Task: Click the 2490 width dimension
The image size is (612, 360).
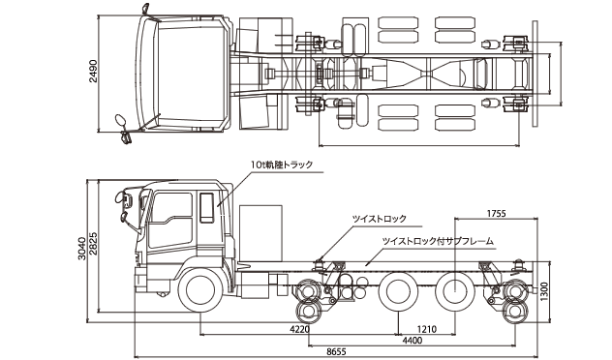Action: [x=93, y=71]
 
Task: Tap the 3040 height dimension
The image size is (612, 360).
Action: [x=81, y=249]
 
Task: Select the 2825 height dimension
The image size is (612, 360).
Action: [x=93, y=244]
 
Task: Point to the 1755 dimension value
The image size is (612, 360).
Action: [x=496, y=213]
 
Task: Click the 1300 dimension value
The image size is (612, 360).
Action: [x=544, y=291]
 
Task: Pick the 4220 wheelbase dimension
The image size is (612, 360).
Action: [x=300, y=329]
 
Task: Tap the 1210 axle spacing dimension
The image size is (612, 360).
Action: [x=427, y=329]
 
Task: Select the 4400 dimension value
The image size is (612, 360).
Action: [x=413, y=341]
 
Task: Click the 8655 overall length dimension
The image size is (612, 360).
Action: [x=336, y=352]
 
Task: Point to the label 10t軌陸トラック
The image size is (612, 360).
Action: [x=282, y=165]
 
